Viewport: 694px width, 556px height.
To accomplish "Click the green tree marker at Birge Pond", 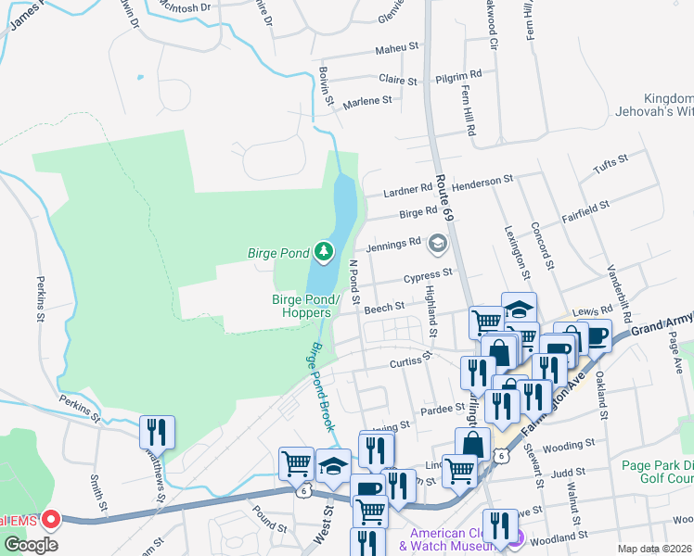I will tap(323, 250).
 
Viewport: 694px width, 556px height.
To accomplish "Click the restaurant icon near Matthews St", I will tap(157, 432).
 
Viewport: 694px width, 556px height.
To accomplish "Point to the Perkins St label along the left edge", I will tap(41, 297).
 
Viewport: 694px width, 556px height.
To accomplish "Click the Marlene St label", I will tap(367, 101).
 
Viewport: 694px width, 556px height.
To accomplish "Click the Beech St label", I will tap(384, 306).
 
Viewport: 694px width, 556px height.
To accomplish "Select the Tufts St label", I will tap(610, 167).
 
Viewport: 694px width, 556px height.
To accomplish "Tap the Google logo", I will tap(31, 545).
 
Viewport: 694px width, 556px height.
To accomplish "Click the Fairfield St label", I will tap(585, 210).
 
